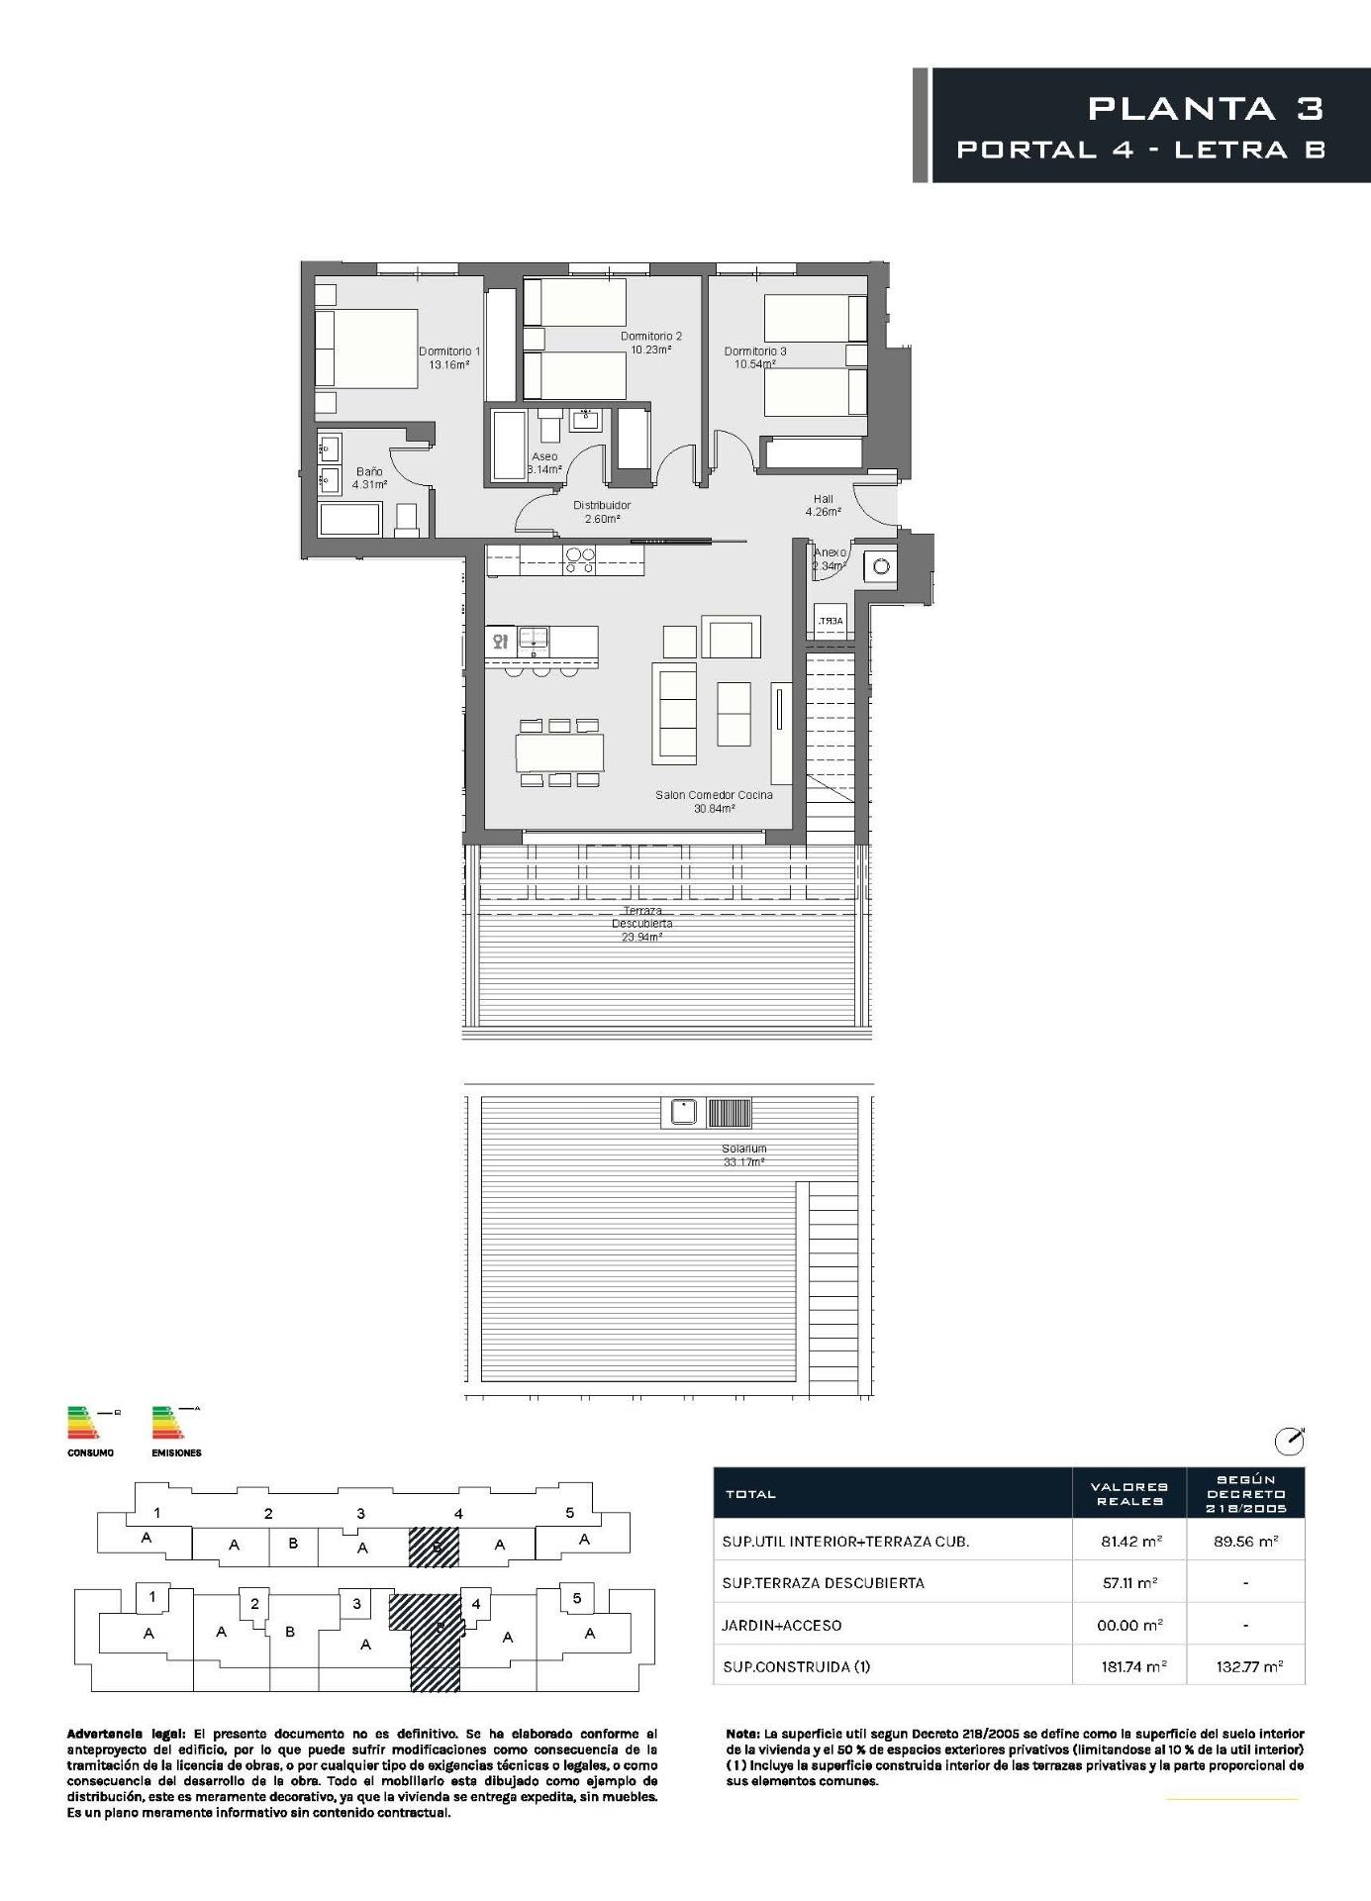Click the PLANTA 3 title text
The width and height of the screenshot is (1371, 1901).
(1205, 108)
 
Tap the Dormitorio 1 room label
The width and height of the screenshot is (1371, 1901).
(448, 351)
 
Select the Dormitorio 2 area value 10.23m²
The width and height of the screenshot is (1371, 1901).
(650, 350)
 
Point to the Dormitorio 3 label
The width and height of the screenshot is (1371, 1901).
(755, 351)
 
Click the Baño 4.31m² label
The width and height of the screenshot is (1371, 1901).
(369, 478)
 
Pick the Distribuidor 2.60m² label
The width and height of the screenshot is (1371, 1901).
(601, 512)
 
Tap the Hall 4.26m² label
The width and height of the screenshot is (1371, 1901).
(823, 506)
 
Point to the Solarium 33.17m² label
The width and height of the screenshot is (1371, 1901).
(743, 1155)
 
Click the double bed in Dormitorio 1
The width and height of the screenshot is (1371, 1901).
(367, 349)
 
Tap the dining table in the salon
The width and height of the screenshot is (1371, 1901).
(559, 752)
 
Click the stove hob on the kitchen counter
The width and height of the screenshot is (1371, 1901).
(579, 561)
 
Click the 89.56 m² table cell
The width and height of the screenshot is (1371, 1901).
(1244, 1541)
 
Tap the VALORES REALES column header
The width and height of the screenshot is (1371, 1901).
(1128, 1494)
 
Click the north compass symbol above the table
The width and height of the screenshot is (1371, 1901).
(1289, 1442)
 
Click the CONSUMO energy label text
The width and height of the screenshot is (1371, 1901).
(90, 1453)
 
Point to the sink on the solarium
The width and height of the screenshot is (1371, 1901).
(682, 1113)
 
